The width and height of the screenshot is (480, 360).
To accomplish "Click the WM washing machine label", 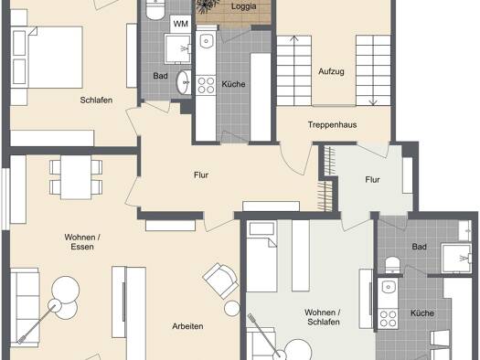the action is pos(181,24).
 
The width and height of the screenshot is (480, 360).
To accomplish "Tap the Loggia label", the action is pos(244,6).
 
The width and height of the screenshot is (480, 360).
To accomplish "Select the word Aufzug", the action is pos(331,71).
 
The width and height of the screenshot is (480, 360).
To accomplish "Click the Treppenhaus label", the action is pos(332,125).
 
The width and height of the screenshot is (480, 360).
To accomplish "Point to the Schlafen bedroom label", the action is pos(96,100).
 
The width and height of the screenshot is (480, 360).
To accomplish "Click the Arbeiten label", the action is pos(187,326).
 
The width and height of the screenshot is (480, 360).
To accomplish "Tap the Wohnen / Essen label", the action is pos(82,242).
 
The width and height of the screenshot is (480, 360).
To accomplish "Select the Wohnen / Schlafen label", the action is pos(323,317).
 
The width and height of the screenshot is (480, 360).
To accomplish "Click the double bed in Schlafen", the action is pos(47,58).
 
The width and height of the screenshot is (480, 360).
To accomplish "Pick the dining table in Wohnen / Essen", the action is pos(76,177).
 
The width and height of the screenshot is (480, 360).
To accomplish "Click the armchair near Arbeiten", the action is pos(220,281).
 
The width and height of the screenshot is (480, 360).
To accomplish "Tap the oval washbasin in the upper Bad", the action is pos(184,82).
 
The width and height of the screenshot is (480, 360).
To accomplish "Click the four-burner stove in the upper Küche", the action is pos(206,85).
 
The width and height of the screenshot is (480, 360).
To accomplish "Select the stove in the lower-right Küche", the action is pos(388,319).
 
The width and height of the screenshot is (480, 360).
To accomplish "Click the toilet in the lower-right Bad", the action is pos(392,265).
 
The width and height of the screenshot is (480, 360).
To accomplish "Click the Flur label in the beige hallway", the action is pos(201,175).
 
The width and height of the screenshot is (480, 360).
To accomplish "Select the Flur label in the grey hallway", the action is pos(372,179).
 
